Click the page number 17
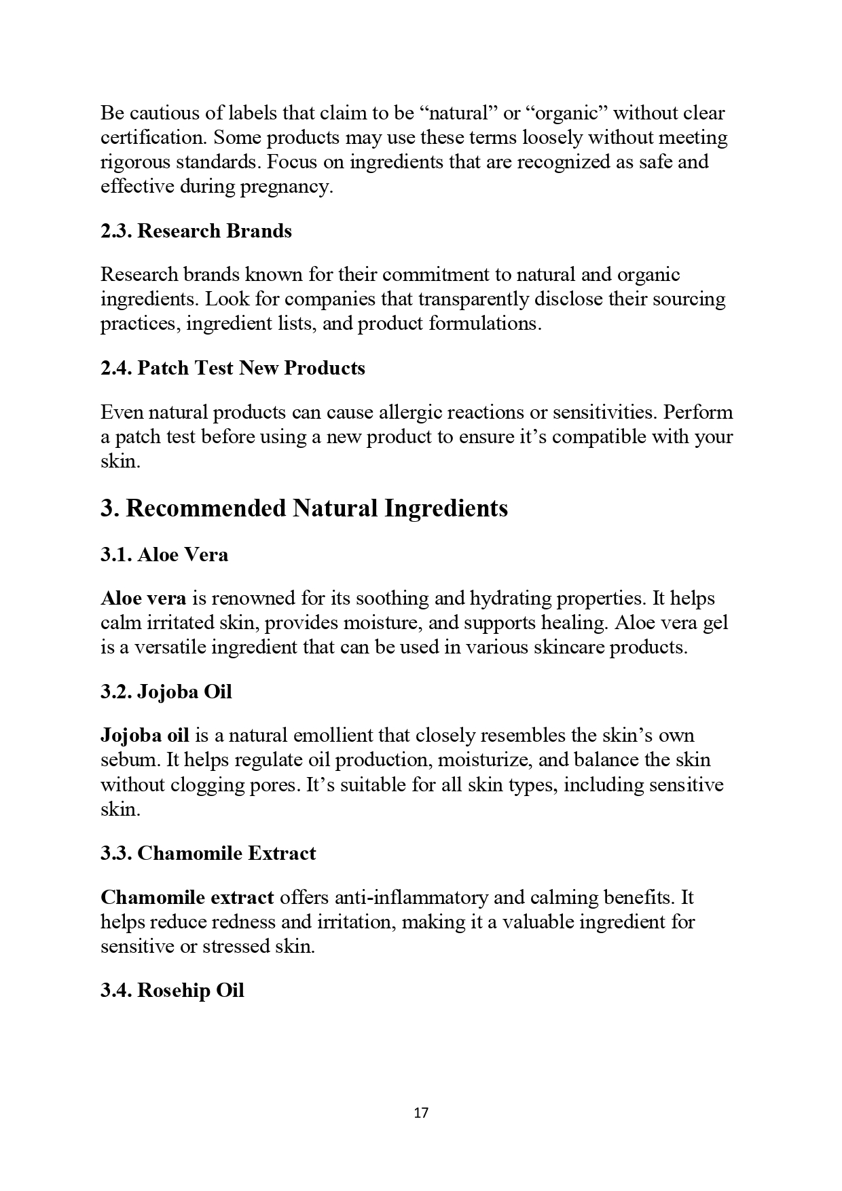pos(421,1112)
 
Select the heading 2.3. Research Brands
pos(196,231)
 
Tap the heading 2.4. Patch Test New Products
pos(233,368)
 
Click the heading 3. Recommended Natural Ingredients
pos(304,508)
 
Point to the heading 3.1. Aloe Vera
pos(164,555)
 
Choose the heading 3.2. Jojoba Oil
pos(166,692)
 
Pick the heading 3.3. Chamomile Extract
pos(208,854)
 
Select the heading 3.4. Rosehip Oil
pos(172,991)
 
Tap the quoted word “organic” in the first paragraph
pos(566,113)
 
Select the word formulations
pos(485,324)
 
